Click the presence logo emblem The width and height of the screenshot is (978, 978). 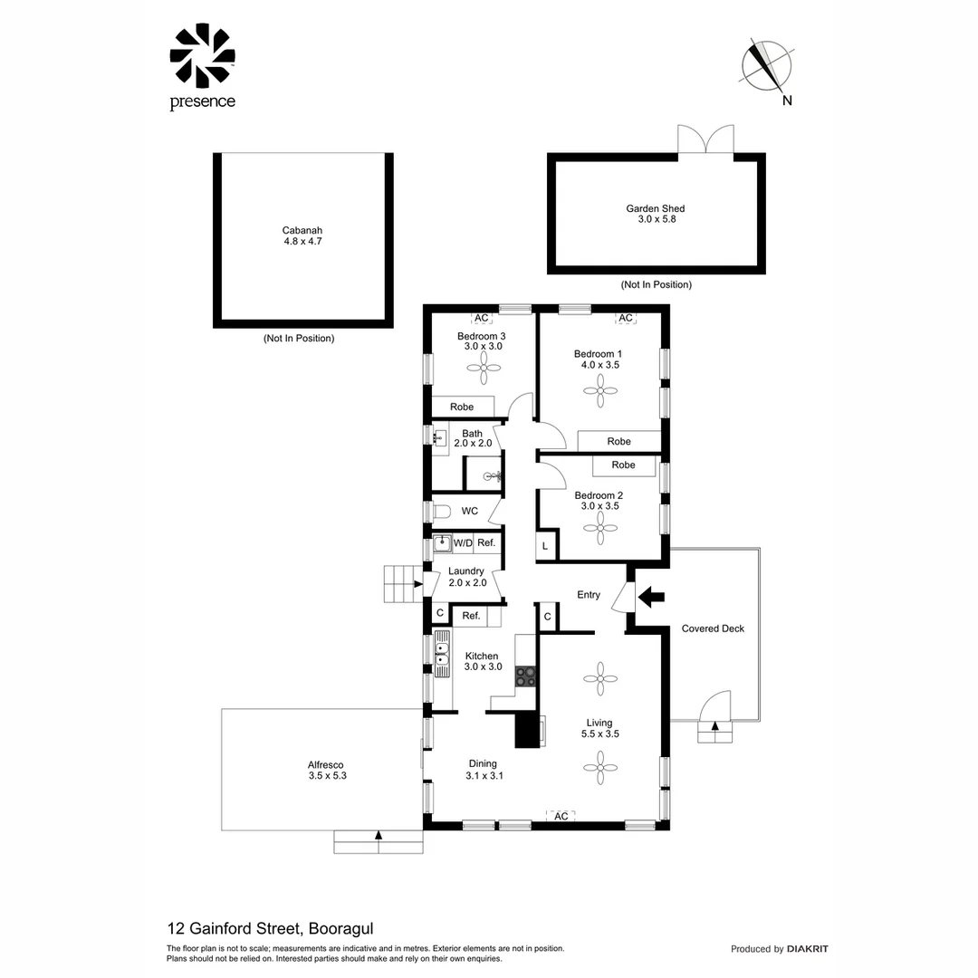coord(202,56)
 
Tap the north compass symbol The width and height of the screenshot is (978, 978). coord(766,66)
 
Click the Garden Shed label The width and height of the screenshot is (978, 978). coord(655,208)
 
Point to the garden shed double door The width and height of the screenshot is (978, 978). coord(705,139)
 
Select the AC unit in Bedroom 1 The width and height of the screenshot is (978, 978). coord(626,318)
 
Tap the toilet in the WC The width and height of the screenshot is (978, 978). coord(441,512)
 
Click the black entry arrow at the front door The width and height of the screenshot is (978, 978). coord(651,596)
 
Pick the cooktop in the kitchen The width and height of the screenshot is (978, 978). coord(525,675)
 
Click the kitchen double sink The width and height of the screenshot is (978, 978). coord(442,654)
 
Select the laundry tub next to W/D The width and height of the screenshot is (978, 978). coord(441,543)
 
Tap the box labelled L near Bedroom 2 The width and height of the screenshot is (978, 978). coord(545,546)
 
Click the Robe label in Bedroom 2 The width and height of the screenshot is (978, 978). coord(623,465)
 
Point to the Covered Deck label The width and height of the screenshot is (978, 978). coord(713,628)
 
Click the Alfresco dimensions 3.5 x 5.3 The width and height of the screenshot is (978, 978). coord(327,775)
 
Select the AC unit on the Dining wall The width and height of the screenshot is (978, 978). coord(561,816)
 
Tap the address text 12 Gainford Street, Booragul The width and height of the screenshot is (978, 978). coord(271,928)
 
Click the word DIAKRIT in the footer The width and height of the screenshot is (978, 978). coord(808,949)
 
